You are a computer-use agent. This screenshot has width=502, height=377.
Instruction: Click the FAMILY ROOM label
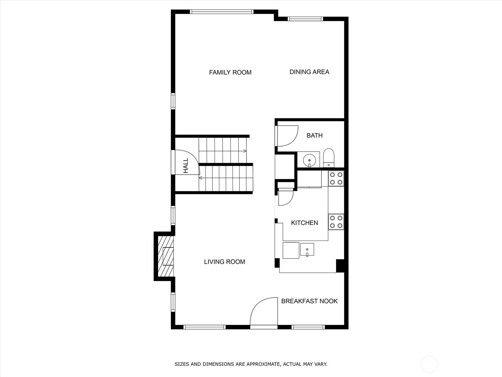tap(230, 73)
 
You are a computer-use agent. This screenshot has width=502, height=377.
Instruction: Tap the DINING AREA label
tap(309, 72)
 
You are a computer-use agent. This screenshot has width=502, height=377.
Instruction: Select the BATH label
tap(314, 135)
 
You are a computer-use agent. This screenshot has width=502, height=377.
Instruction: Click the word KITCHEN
tap(304, 223)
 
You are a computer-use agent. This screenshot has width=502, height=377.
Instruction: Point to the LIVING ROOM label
tap(224, 262)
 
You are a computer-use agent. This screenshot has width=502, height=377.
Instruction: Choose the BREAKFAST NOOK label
tap(309, 301)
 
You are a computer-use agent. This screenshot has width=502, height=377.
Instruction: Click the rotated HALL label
tap(186, 165)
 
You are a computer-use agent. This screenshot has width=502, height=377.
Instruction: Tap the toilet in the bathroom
tap(329, 158)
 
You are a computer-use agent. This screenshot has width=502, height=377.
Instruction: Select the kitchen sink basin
tap(307, 250)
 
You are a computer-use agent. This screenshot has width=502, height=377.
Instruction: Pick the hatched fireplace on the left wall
tap(165, 256)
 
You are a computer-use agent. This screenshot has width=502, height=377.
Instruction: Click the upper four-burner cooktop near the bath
tap(336, 178)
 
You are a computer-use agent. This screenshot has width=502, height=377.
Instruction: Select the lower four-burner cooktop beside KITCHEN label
tap(336, 221)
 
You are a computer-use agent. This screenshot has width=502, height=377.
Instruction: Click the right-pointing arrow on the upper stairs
tap(244, 151)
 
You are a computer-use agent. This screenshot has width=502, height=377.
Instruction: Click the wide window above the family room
tap(222, 12)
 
